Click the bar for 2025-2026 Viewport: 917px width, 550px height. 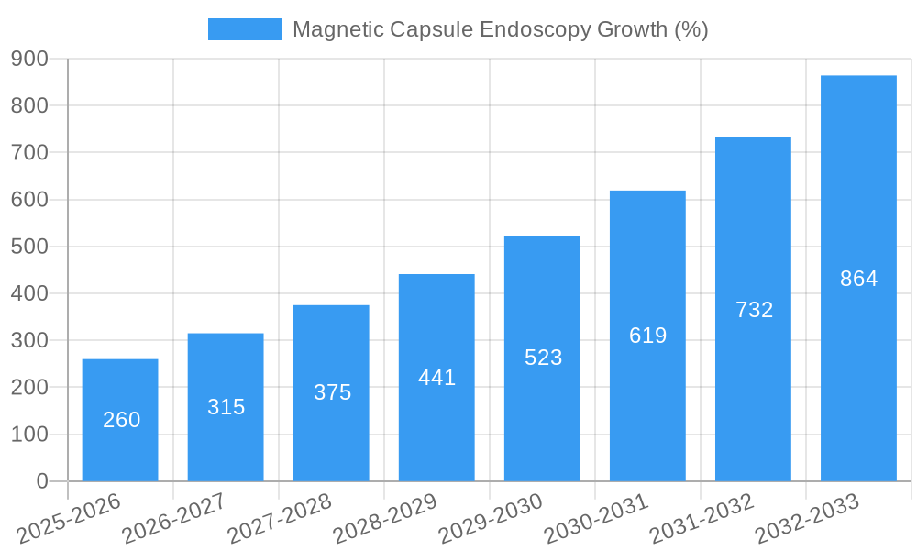click(x=120, y=420)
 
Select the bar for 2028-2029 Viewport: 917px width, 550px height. click(x=436, y=377)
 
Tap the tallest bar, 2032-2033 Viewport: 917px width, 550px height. click(x=858, y=278)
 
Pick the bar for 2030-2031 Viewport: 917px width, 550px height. click(x=647, y=335)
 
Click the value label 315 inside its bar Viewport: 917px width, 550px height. click(x=226, y=407)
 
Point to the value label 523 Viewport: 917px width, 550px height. click(x=543, y=357)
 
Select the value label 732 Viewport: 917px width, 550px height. click(x=754, y=310)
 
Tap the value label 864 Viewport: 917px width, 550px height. click(x=858, y=279)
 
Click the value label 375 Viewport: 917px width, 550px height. click(x=332, y=392)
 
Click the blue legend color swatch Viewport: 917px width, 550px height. click(x=245, y=29)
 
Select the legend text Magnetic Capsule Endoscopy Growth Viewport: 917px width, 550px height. click(x=500, y=29)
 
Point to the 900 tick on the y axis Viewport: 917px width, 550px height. click(x=29, y=59)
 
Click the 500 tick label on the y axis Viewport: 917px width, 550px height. click(x=29, y=247)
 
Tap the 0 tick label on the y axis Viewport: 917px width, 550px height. click(x=42, y=481)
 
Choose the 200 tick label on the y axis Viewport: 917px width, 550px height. click(x=29, y=387)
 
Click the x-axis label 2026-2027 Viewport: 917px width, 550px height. click(x=174, y=518)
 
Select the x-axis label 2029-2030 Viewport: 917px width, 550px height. click(x=491, y=518)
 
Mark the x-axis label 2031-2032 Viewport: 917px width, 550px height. click(x=702, y=518)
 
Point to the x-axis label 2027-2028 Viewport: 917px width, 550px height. click(x=280, y=518)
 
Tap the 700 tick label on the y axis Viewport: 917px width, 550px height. click(x=29, y=152)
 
